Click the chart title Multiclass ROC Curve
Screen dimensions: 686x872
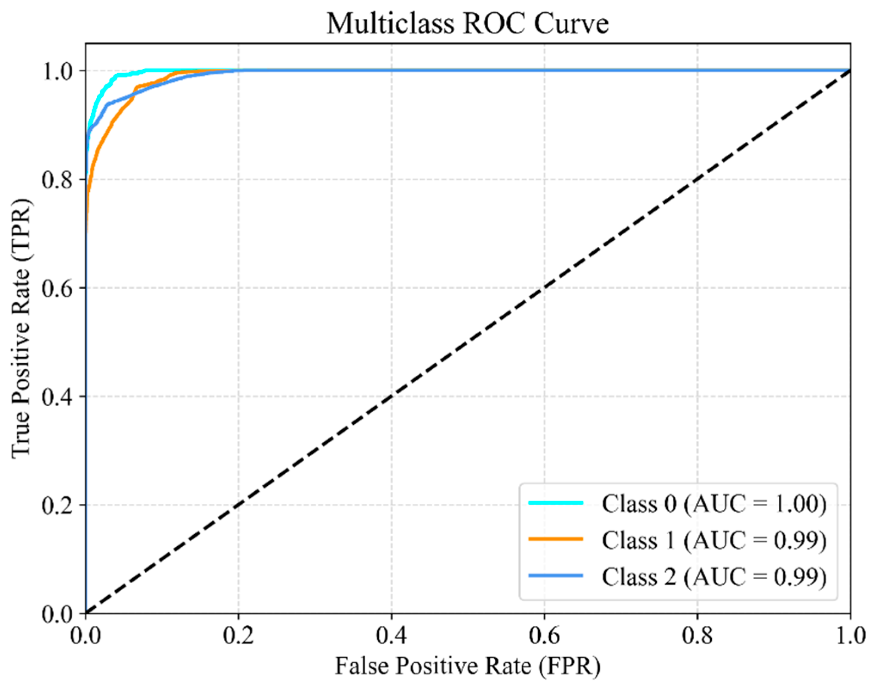(x=467, y=23)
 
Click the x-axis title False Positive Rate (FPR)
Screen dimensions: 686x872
(x=467, y=666)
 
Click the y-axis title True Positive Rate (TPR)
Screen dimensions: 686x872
(x=21, y=328)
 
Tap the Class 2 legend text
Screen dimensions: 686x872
(x=714, y=576)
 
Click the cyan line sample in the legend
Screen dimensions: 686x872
(x=555, y=502)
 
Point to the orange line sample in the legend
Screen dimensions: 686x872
(x=555, y=539)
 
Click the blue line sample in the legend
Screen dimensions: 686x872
(x=555, y=576)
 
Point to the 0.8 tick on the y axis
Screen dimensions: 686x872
(x=57, y=180)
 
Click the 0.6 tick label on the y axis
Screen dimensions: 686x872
(x=57, y=288)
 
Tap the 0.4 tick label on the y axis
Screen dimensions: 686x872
(x=57, y=397)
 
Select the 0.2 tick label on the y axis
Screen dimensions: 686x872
(x=57, y=505)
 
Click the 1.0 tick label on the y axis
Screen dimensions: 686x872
(x=57, y=71)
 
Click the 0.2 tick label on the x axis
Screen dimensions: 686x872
(x=238, y=635)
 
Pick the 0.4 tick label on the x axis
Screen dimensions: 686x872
(x=391, y=635)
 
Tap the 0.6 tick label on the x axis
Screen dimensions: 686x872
(x=544, y=635)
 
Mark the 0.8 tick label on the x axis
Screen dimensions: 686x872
(x=697, y=635)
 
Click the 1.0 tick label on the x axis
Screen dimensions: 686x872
(x=849, y=635)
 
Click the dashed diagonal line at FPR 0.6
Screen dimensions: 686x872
(x=544, y=288)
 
